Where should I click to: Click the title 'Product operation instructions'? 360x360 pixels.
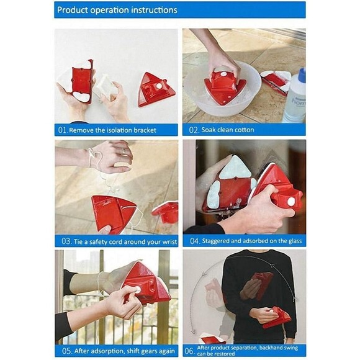pos(117,10)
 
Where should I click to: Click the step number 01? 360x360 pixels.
pos(62,130)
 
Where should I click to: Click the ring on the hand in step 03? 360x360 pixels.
pos(123,151)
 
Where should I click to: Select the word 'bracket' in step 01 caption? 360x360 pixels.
pos(145,130)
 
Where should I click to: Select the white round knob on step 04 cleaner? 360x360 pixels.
pos(290,201)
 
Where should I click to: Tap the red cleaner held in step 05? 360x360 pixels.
pos(146,284)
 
